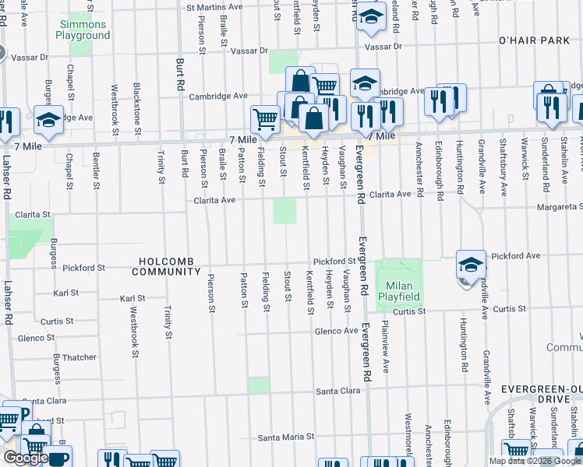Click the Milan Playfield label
click(x=399, y=291)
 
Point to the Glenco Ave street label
click(x=336, y=331)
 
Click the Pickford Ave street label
click(x=516, y=255)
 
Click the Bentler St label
click(x=96, y=170)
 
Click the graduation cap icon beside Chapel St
click(x=48, y=120)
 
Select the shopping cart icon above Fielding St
click(x=265, y=119)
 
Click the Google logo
click(x=25, y=458)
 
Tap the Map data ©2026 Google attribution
click(x=534, y=461)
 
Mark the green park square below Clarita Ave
click(x=284, y=211)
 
